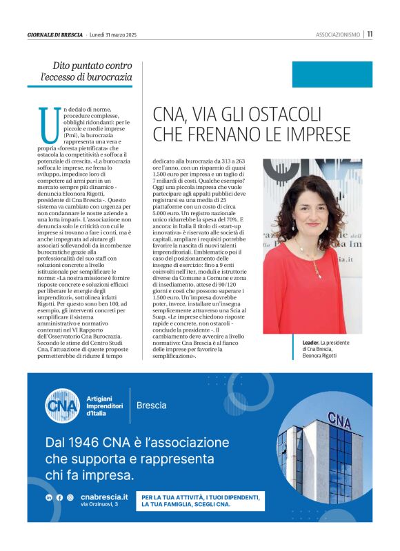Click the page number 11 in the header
[370, 34]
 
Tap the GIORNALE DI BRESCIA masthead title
[54, 34]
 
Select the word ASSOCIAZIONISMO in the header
[338, 34]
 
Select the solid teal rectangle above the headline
[332, 74]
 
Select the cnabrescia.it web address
[103, 497]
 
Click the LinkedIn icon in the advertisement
[49, 497]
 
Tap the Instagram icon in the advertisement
[70, 497]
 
